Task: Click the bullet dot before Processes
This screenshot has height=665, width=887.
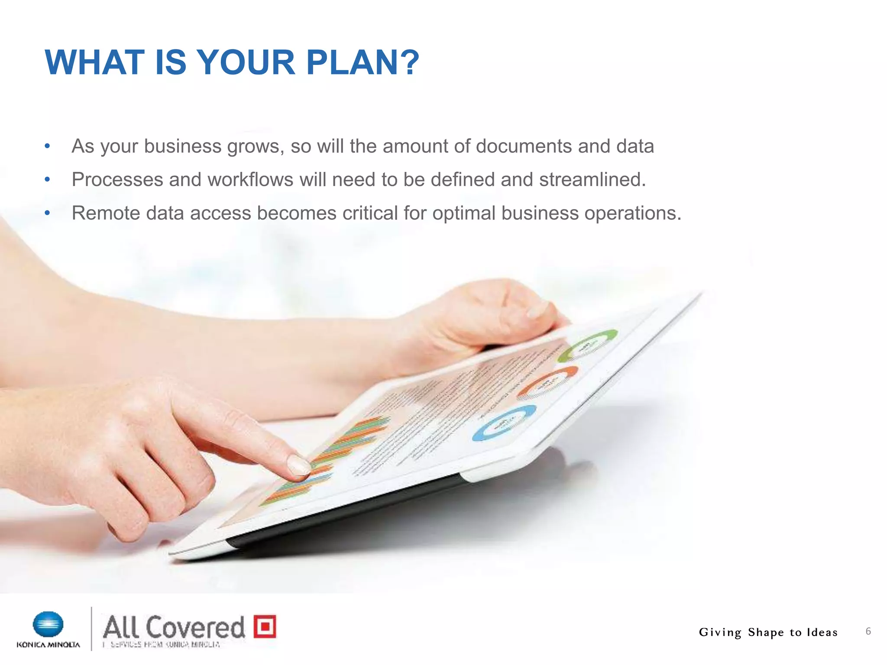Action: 48,180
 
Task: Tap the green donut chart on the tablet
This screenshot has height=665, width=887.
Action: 588,345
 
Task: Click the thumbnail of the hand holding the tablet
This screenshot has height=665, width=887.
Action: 537,309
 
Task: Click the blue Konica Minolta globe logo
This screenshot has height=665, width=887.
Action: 48,624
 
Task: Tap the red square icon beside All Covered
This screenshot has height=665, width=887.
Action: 265,626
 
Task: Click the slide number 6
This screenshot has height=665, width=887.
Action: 868,631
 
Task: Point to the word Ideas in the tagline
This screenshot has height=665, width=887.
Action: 822,633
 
